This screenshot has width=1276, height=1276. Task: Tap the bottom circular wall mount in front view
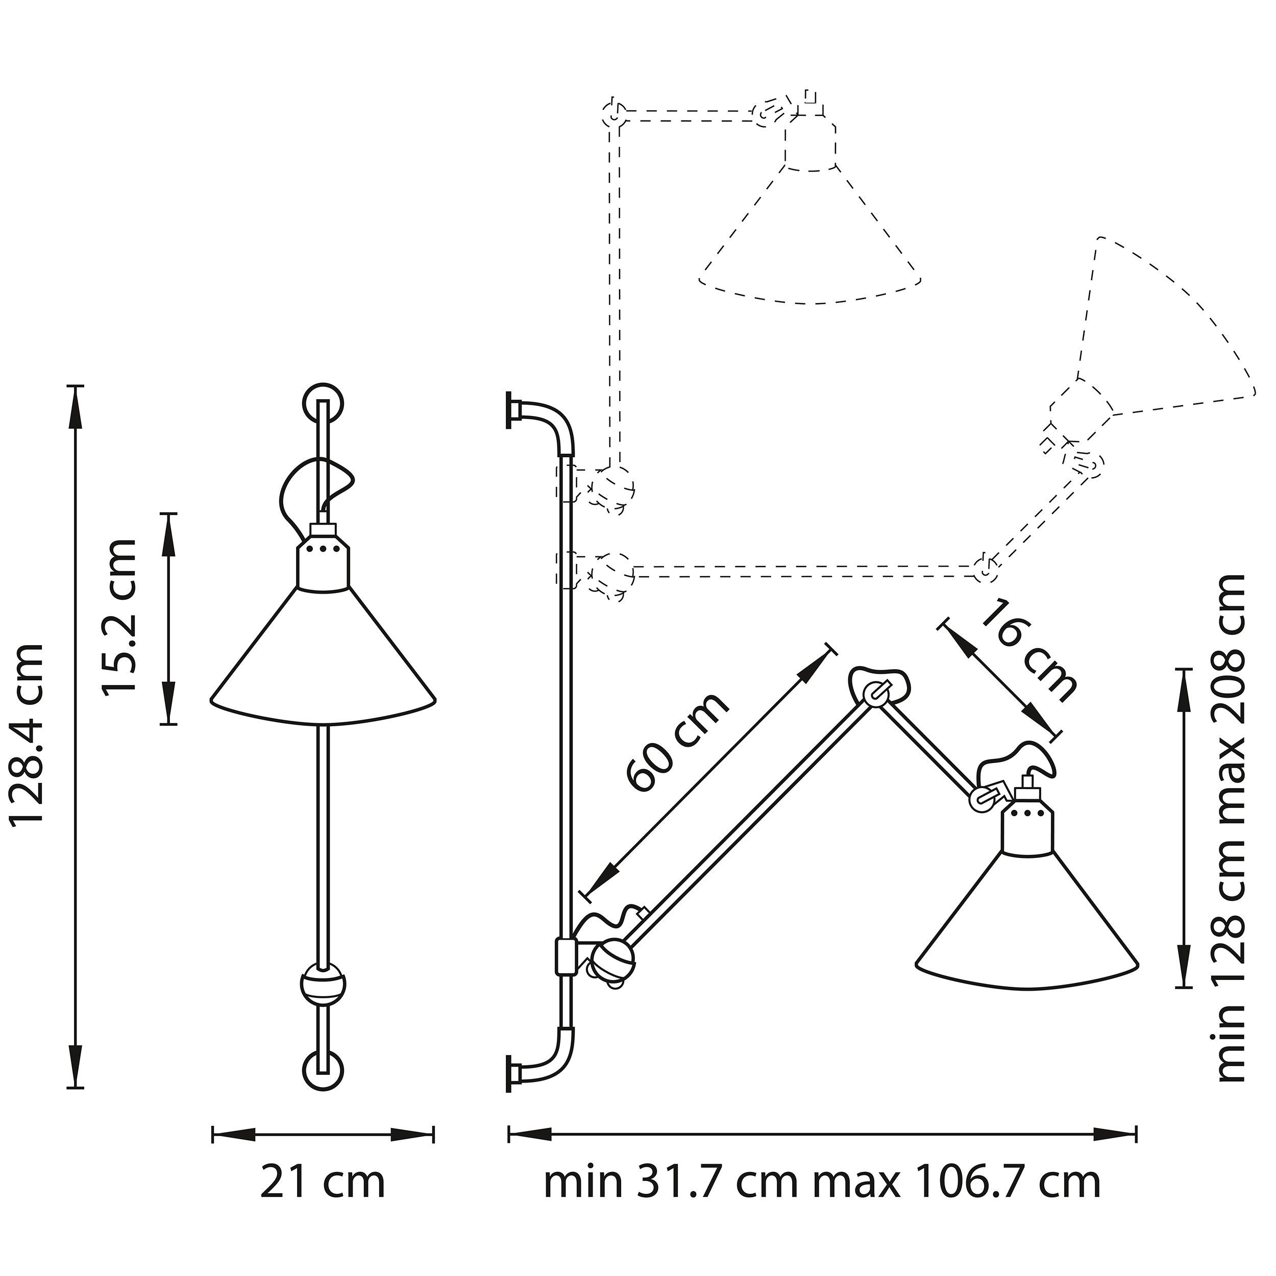pos(323,1087)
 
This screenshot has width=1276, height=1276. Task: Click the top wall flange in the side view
pos(510,411)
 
